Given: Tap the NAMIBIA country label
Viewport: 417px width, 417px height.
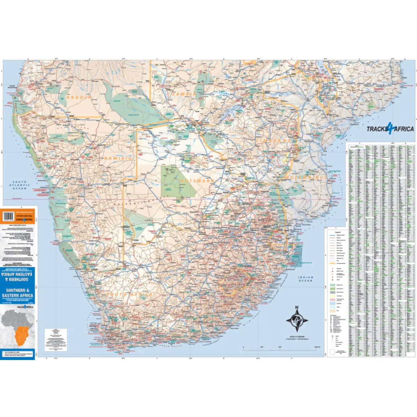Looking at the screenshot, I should (x=118, y=158).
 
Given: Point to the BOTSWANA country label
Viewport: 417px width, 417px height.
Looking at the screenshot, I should (x=196, y=181).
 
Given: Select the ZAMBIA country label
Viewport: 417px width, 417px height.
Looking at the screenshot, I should (x=184, y=94).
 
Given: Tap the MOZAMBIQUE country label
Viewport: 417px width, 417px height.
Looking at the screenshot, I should (x=306, y=177).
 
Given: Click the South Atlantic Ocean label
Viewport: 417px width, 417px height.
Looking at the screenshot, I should (x=19, y=185).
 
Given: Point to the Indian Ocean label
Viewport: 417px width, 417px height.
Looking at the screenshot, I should (x=306, y=279).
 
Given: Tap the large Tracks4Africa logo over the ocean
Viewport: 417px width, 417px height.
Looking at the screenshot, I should (x=390, y=129).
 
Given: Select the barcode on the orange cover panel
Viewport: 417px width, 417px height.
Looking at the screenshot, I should (x=10, y=216).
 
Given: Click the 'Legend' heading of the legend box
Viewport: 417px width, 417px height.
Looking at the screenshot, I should (x=337, y=232).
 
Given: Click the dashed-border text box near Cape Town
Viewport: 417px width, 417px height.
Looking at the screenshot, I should (x=56, y=340).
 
